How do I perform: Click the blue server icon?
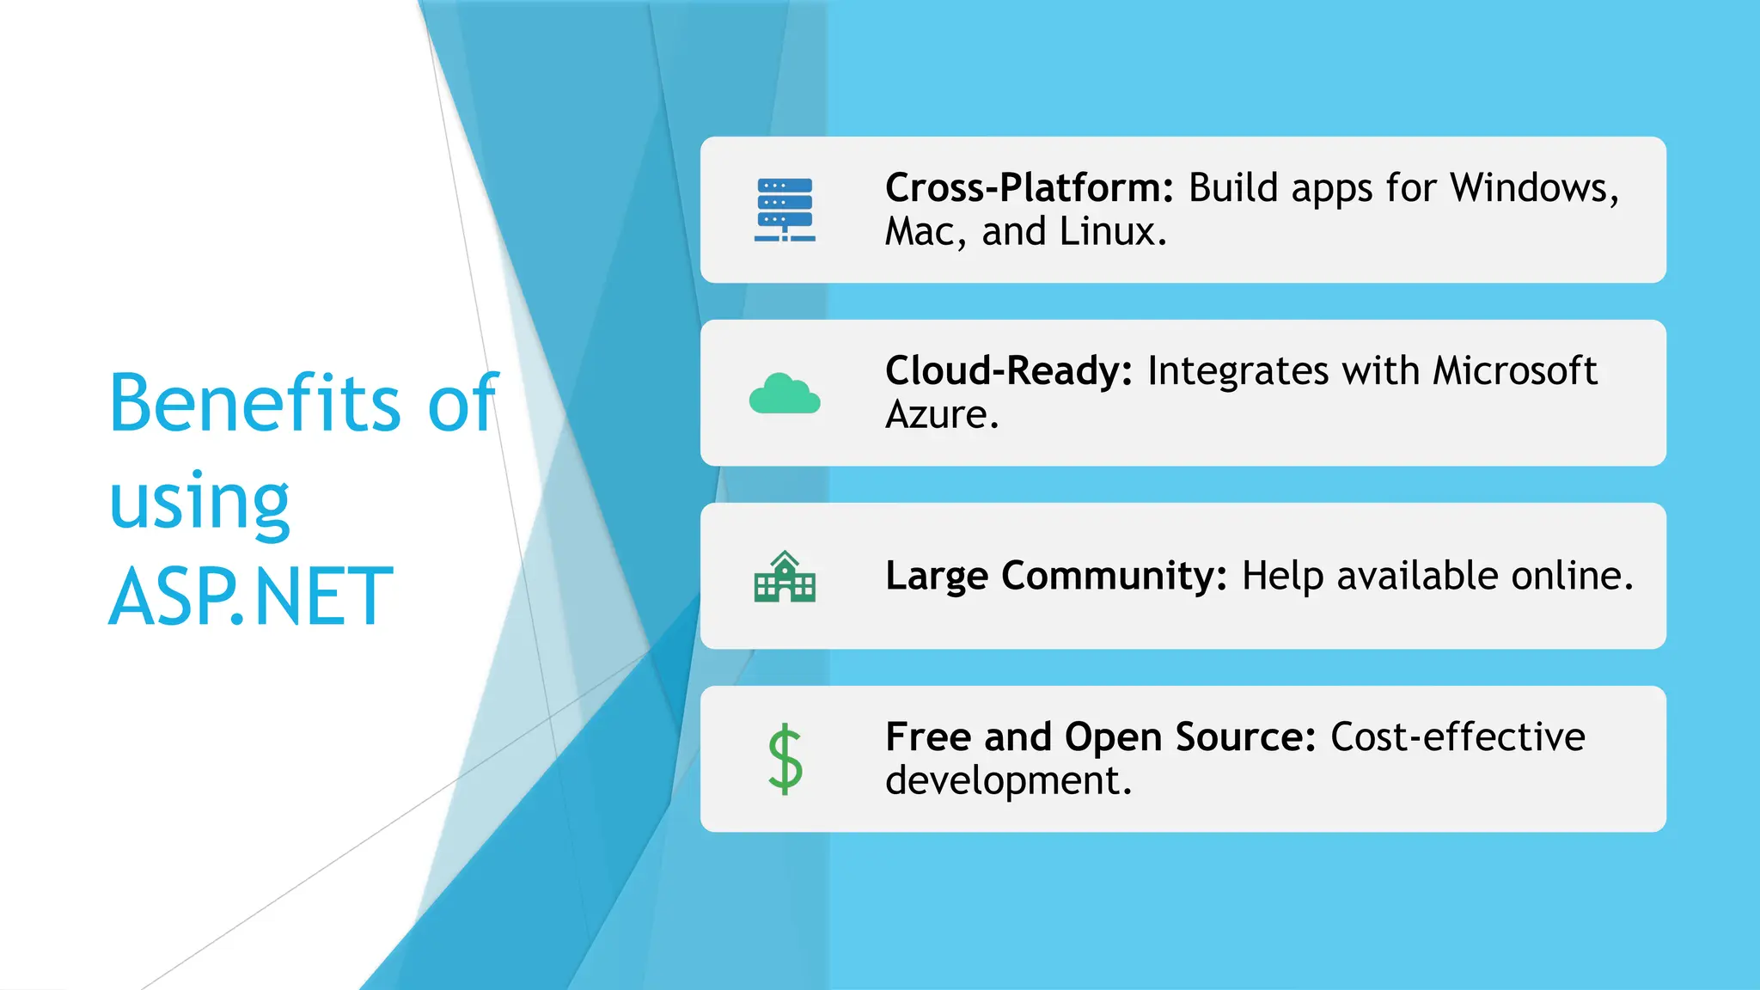[x=785, y=210]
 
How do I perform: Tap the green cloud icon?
[x=785, y=394]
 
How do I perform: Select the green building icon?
[x=785, y=577]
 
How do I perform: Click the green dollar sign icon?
[x=785, y=759]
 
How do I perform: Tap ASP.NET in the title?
[x=251, y=596]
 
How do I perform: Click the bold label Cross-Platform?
[x=1030, y=188]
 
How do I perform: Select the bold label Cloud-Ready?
[x=1009, y=371]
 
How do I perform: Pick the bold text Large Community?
[x=1056, y=576]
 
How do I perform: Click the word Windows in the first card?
[x=1534, y=188]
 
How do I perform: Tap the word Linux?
[x=1112, y=232]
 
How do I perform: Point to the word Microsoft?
[x=1514, y=371]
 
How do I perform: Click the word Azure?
[x=942, y=415]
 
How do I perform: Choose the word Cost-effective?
[x=1457, y=737]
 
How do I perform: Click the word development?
[x=1008, y=781]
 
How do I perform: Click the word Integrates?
[x=1237, y=371]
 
